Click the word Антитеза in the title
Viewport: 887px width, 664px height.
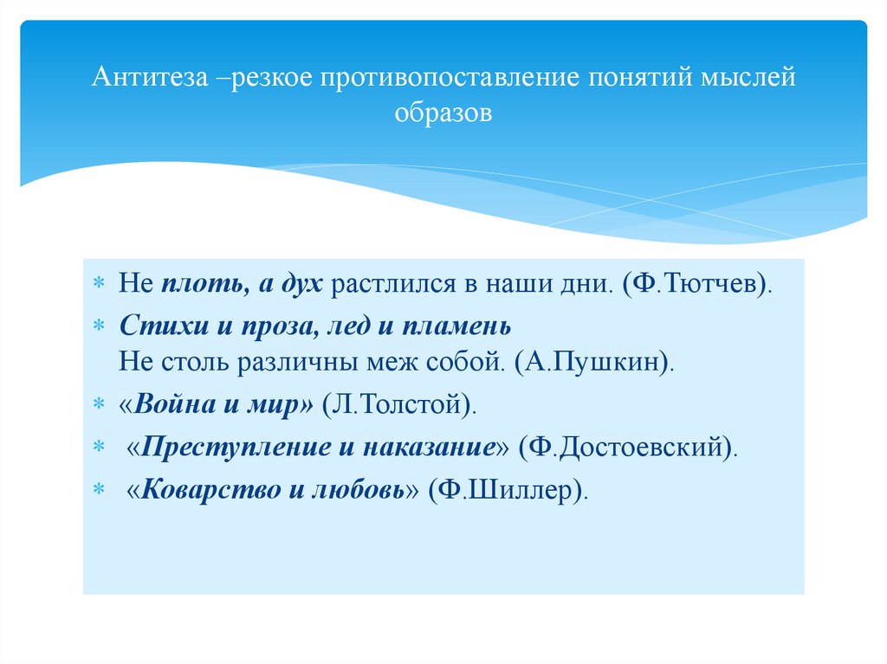coord(149,79)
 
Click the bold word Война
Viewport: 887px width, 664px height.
coord(174,404)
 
